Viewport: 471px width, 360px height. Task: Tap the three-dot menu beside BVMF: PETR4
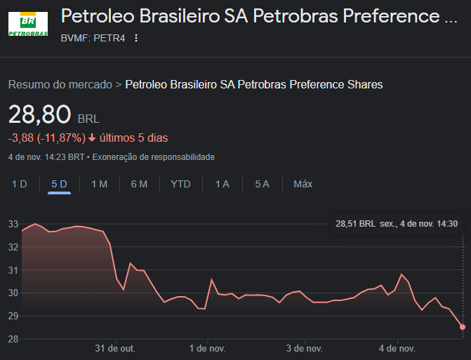[136, 38]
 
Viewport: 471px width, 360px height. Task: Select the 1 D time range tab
[19, 184]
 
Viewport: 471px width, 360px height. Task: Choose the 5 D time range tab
[59, 184]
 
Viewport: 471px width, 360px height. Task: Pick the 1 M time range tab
[99, 184]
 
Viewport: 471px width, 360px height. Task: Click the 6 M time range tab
[139, 184]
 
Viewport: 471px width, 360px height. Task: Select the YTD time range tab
[180, 184]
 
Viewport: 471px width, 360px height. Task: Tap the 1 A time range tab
[222, 184]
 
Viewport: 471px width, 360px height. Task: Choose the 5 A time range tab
[262, 184]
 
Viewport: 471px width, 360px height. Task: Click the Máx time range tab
[303, 184]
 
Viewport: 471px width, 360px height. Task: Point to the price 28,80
[39, 114]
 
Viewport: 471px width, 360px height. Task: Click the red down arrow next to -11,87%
[92, 138]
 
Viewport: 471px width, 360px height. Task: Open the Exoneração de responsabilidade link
[154, 157]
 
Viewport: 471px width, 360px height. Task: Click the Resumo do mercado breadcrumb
[60, 84]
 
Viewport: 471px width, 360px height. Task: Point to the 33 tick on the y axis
[13, 224]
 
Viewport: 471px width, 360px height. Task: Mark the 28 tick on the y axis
[13, 339]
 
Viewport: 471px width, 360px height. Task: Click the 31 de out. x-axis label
[114, 348]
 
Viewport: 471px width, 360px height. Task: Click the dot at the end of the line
[463, 326]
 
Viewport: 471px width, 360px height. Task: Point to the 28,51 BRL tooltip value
[356, 224]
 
